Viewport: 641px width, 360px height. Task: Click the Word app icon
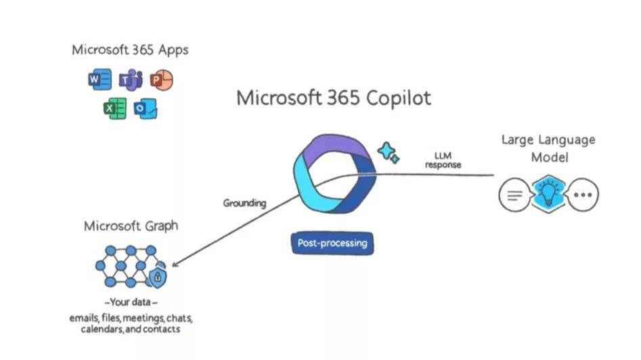coord(100,81)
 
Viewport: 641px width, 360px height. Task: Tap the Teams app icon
coord(130,81)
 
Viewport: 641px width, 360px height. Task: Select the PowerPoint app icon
coord(161,81)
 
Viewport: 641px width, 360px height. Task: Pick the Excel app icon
coord(114,108)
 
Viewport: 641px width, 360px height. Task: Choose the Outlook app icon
coord(145,108)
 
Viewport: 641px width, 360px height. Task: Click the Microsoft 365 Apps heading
coord(130,50)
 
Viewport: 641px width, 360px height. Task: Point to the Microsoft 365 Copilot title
coord(333,98)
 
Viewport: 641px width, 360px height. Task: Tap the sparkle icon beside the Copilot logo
coord(389,153)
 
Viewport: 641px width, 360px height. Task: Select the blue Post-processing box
coord(332,242)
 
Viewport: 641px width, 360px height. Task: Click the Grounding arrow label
coord(244,202)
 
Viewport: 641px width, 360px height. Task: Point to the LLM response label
coord(443,160)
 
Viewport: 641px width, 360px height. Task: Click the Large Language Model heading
coord(548,148)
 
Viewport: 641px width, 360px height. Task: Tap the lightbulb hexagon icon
coord(548,194)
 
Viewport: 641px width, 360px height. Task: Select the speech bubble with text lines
coord(514,196)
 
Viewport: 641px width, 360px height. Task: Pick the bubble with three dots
coord(581,196)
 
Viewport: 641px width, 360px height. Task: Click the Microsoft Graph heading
coord(131,225)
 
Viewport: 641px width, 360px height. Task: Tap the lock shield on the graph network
coord(158,277)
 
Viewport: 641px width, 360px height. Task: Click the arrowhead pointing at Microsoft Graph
coord(176,265)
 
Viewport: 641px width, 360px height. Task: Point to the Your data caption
coord(131,302)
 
